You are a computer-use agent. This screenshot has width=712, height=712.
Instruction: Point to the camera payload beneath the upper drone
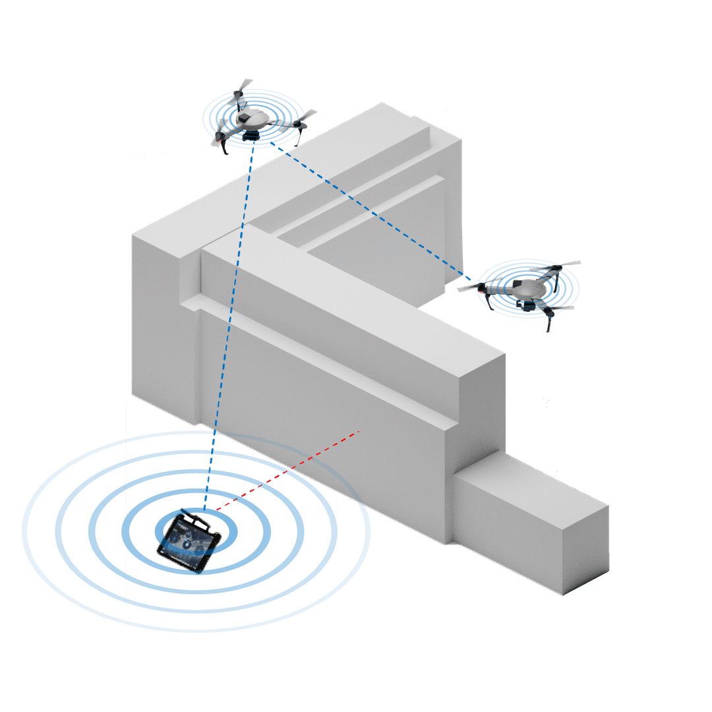coord(251,135)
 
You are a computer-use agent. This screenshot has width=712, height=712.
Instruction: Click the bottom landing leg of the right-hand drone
coord(549,324)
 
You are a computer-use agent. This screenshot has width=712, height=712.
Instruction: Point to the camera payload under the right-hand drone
coord(527,305)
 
